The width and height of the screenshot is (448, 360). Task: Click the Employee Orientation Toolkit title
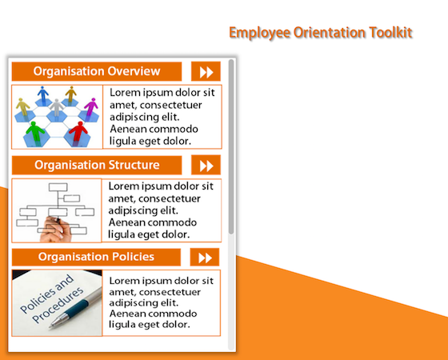(320, 33)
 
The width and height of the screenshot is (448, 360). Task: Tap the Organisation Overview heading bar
(97, 71)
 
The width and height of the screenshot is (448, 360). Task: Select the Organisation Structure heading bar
(97, 166)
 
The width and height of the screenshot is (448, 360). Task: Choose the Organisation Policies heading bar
(97, 257)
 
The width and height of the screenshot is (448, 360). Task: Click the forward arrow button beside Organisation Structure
(206, 166)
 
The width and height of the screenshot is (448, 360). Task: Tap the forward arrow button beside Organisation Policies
(205, 257)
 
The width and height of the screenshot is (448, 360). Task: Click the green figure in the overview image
(34, 130)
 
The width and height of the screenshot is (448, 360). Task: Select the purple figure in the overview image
(90, 106)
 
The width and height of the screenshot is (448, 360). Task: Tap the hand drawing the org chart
(54, 228)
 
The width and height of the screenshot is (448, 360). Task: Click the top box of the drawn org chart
(59, 188)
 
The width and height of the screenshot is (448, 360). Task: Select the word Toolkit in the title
(391, 33)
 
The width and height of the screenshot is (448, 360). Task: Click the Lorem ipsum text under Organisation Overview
(162, 116)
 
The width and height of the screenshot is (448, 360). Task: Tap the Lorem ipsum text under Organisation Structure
(162, 210)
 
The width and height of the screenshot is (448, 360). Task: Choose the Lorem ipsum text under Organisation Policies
(162, 302)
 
